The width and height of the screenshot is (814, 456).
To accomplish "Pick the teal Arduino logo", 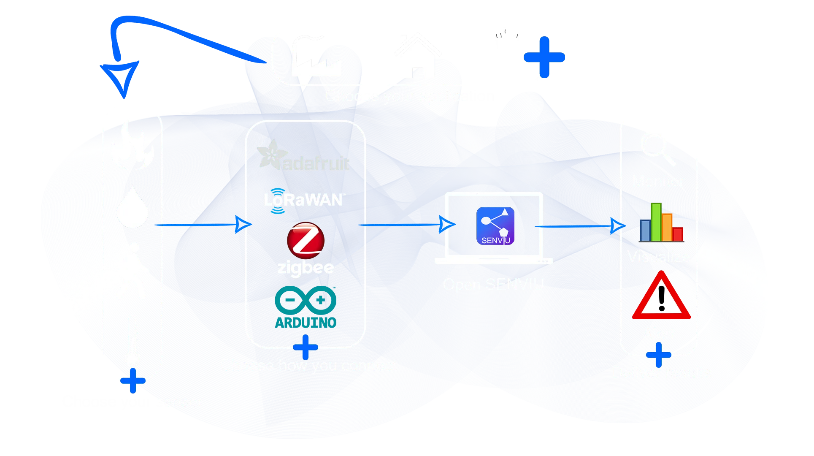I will coord(306,308).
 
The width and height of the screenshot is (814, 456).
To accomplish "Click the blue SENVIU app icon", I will coord(495,226).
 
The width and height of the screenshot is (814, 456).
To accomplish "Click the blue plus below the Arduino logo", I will coord(305,347).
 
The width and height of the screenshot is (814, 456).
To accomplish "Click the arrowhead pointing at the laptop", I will coord(446,225).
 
